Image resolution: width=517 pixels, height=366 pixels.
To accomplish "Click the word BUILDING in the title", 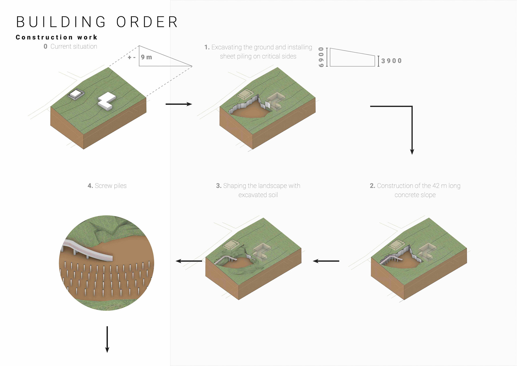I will pos(61,22).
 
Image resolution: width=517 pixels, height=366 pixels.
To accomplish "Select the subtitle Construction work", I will pos(57,37).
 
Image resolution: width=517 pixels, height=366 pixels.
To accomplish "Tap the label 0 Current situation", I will pos(71,46).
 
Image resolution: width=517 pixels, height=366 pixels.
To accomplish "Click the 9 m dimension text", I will pos(146,57).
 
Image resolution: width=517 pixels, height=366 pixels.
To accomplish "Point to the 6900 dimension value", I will pos(321,57).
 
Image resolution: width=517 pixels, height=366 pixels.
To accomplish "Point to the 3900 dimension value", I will pos(391,61).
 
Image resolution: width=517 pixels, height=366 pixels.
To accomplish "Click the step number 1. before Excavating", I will pos(207,47).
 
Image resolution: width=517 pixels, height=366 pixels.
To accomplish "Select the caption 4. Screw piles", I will pos(107,186).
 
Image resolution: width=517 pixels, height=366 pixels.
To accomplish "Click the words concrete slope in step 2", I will pos(415,195).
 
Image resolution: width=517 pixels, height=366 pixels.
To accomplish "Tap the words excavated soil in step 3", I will pos(258,195).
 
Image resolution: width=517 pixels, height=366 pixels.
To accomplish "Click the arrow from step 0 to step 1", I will pos(179,104).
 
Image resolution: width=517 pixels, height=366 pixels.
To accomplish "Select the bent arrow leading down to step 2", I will pos(411,127).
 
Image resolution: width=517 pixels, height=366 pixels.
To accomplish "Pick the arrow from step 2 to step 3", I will pos(326,261).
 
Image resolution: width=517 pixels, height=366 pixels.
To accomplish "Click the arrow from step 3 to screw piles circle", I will pos(189,261).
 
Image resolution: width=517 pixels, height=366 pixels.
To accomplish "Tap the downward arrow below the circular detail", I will pos(107,339).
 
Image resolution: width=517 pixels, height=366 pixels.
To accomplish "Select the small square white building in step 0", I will pos(76,94).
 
